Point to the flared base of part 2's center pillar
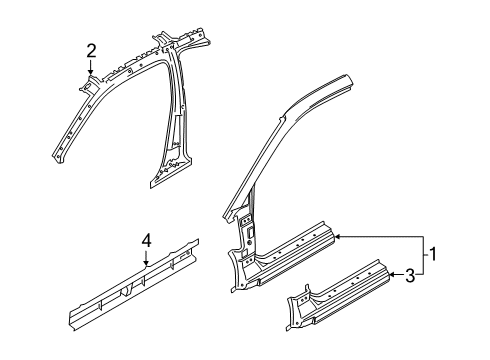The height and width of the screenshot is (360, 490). click(x=165, y=176)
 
